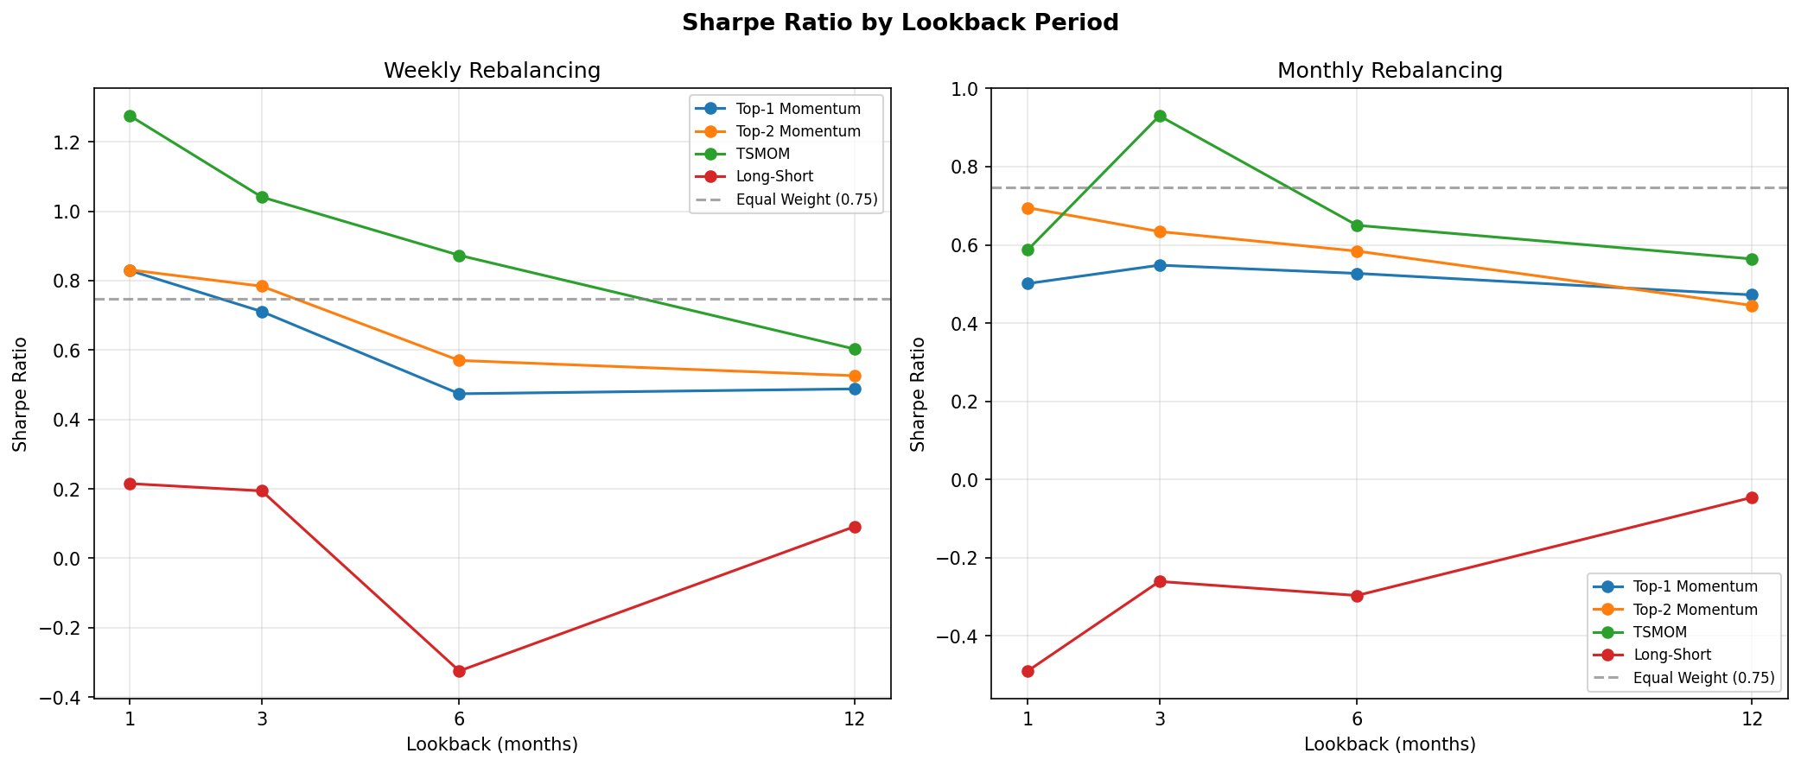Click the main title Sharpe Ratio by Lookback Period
pyautogui.click(x=900, y=23)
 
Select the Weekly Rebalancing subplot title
pyautogui.click(x=492, y=71)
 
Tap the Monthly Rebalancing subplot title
pyautogui.click(x=1389, y=71)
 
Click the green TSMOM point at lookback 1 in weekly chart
pyautogui.click(x=130, y=116)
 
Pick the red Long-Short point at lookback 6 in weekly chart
pyautogui.click(x=459, y=671)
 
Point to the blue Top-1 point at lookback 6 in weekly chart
pyautogui.click(x=459, y=394)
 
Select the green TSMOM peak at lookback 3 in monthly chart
pyautogui.click(x=1160, y=116)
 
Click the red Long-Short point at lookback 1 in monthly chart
pyautogui.click(x=1028, y=671)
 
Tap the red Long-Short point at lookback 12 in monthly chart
pyautogui.click(x=1752, y=497)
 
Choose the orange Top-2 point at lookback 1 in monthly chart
pyautogui.click(x=1028, y=208)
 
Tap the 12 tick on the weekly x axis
pyautogui.click(x=855, y=719)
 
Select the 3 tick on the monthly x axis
pyautogui.click(x=1160, y=719)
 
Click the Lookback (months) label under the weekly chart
pyautogui.click(x=492, y=744)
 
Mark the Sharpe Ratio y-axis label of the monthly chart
pyautogui.click(x=918, y=394)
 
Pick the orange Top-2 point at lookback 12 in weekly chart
pyautogui.click(x=855, y=376)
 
